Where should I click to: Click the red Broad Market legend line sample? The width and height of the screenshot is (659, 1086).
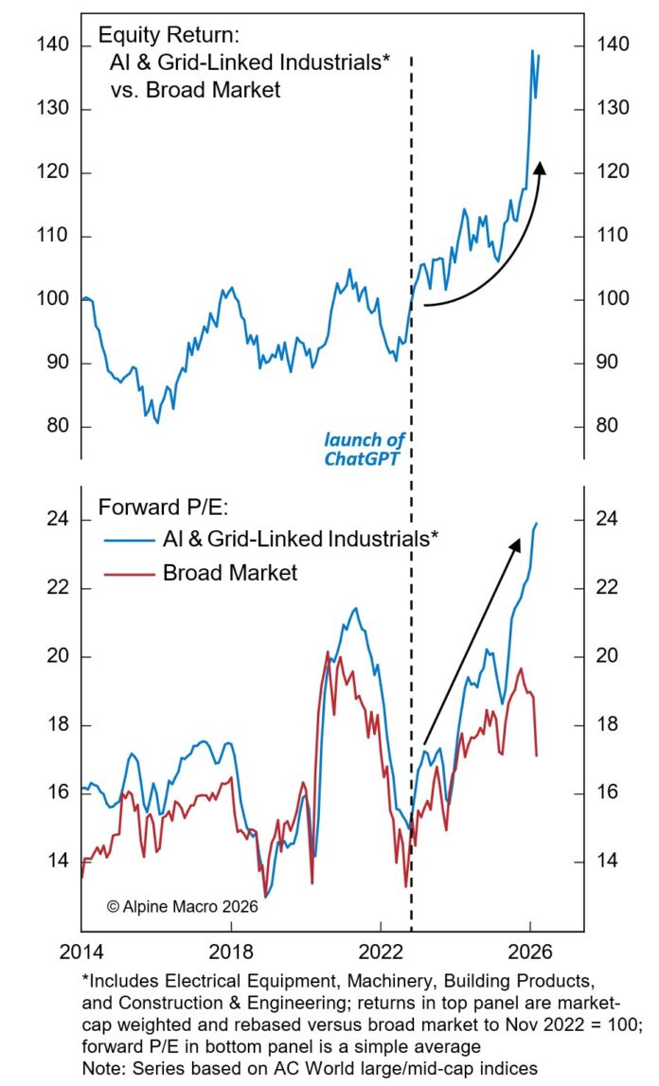click(128, 573)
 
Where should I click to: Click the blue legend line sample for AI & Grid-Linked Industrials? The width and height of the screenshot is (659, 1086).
click(128, 540)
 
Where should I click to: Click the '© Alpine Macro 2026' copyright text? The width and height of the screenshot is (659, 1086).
click(182, 905)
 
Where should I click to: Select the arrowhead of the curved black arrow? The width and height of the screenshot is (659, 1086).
click(541, 168)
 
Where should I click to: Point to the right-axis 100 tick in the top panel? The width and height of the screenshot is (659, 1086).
click(609, 300)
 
